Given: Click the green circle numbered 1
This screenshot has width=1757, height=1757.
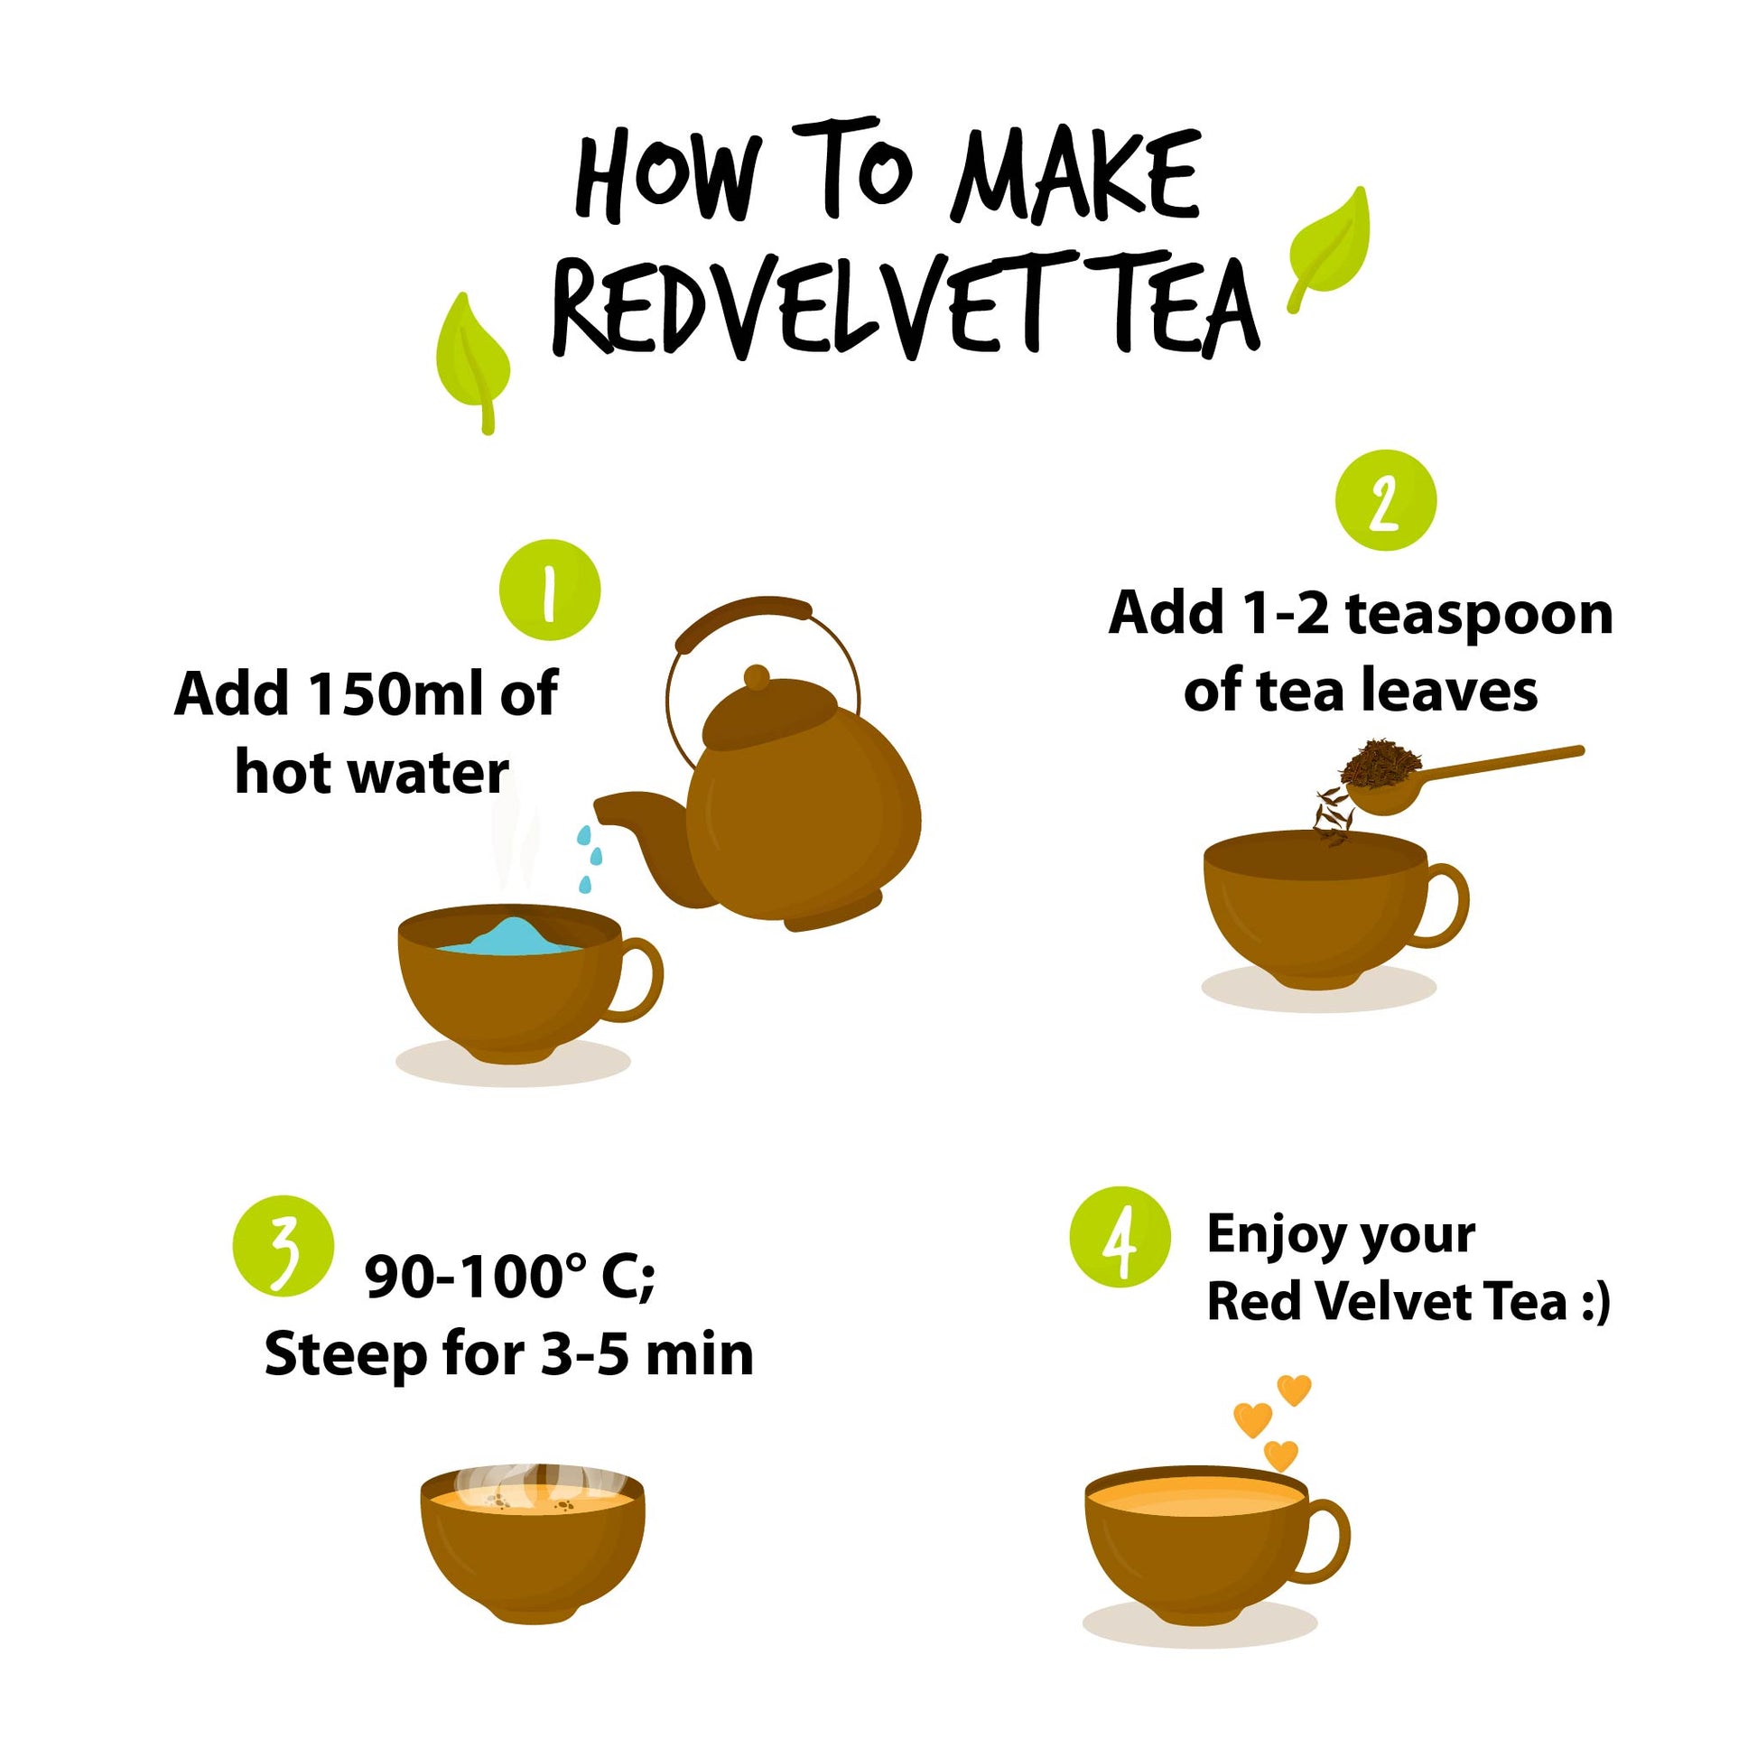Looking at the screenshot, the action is tap(550, 590).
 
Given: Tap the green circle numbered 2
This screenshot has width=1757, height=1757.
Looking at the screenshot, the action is tap(1385, 499).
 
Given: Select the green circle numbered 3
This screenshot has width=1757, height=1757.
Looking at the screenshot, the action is tap(283, 1244).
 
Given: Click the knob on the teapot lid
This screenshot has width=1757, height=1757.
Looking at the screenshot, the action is tap(756, 677).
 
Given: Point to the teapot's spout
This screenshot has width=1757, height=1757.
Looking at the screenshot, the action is tap(637, 823).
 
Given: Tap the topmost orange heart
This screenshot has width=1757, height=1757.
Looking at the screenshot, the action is tap(1294, 1390).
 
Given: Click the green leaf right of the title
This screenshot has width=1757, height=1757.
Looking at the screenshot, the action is tap(1329, 248).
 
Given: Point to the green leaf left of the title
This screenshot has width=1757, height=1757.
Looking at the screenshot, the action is tap(472, 362).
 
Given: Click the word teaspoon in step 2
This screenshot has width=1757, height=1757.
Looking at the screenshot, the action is tap(1479, 616).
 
